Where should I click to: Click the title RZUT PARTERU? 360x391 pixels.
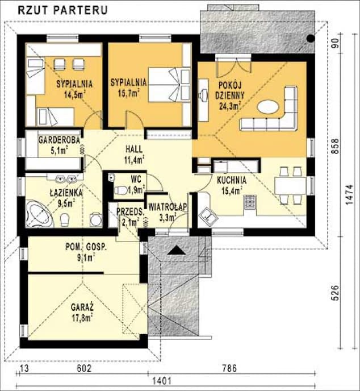63,10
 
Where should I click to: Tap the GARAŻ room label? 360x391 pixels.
82,307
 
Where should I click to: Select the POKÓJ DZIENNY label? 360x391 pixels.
230,90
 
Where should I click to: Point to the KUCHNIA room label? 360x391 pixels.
232,180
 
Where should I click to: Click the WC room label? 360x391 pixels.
136,179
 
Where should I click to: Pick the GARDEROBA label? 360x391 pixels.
59,140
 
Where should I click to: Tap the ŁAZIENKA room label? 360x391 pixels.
66,193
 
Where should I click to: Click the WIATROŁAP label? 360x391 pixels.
168,207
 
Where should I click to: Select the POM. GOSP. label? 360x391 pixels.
86,247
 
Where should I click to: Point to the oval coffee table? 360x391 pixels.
268,107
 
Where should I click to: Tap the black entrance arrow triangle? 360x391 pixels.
177,250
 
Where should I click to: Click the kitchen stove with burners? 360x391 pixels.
250,202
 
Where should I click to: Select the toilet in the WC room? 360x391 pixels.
121,190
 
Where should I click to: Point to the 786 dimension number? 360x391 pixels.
229,368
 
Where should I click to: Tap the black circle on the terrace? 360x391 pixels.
310,39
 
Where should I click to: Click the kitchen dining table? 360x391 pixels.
290,186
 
